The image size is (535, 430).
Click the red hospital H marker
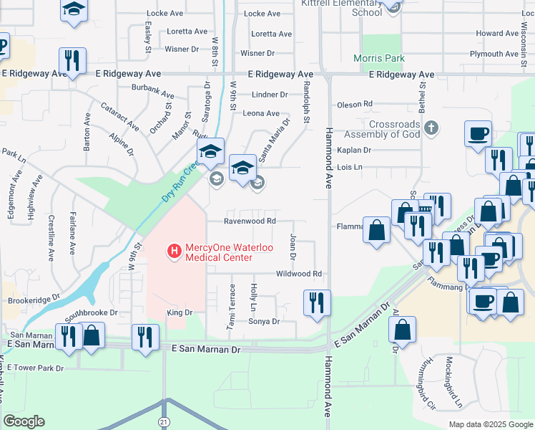172,251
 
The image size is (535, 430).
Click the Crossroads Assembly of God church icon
430,128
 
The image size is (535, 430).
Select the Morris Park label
379,59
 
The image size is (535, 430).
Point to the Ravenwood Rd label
250,221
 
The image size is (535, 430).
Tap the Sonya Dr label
263,322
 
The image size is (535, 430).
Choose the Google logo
24,421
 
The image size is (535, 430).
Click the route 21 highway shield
165,423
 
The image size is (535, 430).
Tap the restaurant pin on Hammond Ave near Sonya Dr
316,302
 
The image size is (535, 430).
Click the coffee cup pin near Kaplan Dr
478,134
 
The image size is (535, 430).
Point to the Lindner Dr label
269,95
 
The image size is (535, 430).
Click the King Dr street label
180,312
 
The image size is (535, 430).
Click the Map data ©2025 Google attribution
490,424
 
